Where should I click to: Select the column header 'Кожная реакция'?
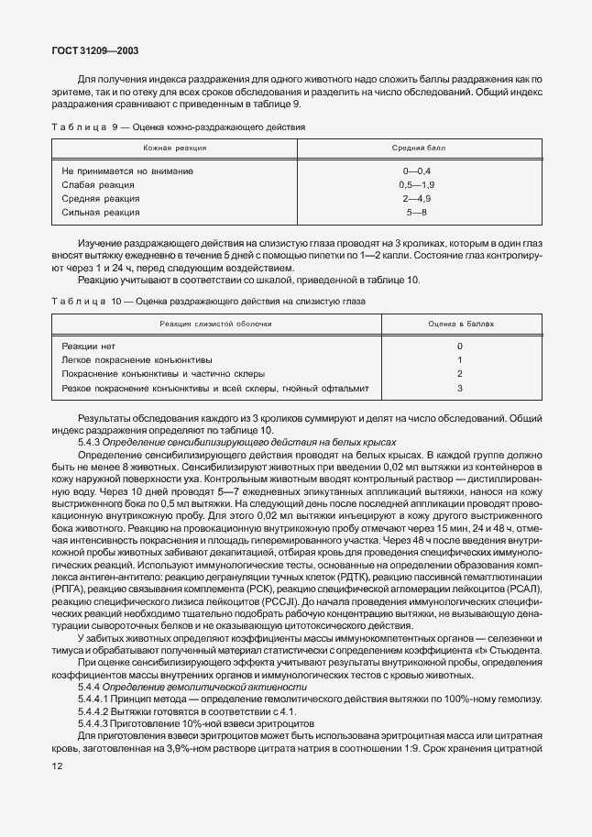(x=174, y=147)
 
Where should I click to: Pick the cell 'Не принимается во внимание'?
(x=127, y=171)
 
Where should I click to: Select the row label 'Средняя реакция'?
(x=100, y=199)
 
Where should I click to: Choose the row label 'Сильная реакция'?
(x=101, y=213)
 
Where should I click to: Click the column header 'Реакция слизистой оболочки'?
(x=215, y=325)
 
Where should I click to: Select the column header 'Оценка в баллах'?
(x=459, y=325)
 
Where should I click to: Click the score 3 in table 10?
(x=459, y=389)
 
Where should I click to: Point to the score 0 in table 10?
(x=459, y=347)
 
